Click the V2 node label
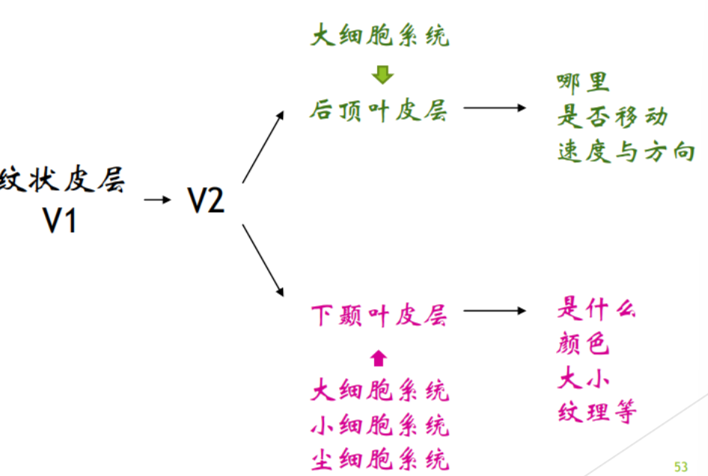(x=205, y=200)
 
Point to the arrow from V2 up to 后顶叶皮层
(x=263, y=147)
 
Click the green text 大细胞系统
(x=380, y=35)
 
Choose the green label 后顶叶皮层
(x=379, y=111)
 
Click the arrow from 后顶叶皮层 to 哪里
(x=495, y=108)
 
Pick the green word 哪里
(x=583, y=82)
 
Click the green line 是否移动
(x=612, y=117)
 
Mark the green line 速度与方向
(x=626, y=152)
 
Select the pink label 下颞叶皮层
(x=379, y=316)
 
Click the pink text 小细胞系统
(x=380, y=424)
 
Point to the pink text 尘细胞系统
(x=380, y=457)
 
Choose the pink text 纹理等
(x=596, y=412)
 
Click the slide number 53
(x=680, y=466)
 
